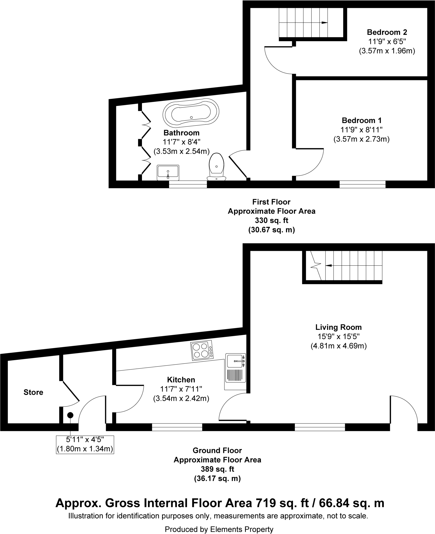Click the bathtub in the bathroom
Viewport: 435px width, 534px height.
point(191,112)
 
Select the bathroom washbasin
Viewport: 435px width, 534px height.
point(168,172)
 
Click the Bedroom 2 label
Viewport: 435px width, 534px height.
point(387,32)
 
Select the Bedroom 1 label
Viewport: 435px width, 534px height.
point(361,120)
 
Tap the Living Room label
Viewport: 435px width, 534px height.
point(338,327)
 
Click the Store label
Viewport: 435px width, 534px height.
point(33,392)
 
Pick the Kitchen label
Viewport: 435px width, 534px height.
point(181,380)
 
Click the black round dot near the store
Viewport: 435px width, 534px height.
point(70,415)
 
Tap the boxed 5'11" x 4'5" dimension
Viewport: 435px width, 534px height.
point(85,445)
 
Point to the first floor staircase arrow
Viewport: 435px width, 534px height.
point(324,23)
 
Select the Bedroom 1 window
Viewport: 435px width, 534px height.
point(362,184)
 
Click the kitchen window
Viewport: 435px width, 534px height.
point(177,427)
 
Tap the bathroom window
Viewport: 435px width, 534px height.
point(188,184)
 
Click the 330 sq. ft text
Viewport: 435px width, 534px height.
point(271,220)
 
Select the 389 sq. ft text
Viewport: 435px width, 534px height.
point(217,469)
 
